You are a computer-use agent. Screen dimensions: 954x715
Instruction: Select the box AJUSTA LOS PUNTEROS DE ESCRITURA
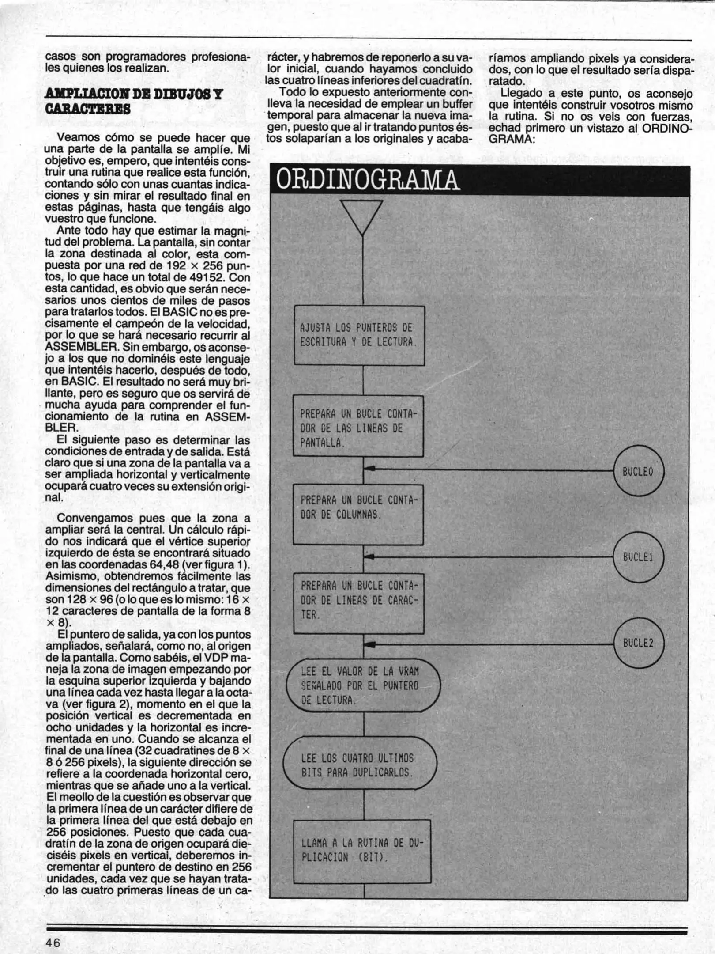[359, 335]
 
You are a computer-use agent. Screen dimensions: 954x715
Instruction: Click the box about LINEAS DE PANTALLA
[358, 426]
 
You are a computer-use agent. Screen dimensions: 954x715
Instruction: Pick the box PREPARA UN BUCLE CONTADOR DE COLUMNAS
[358, 515]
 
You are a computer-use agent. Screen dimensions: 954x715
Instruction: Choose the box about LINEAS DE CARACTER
[358, 604]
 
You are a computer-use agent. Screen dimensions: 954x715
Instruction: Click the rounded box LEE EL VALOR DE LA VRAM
[363, 686]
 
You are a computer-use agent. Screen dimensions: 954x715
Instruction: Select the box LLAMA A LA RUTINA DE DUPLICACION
[362, 851]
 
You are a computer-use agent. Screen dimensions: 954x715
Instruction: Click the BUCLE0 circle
[638, 471]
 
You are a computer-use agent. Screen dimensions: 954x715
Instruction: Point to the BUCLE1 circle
[638, 557]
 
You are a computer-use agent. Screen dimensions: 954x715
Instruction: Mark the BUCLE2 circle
[638, 643]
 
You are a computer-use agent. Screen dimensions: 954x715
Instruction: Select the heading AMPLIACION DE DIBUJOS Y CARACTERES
[134, 101]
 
